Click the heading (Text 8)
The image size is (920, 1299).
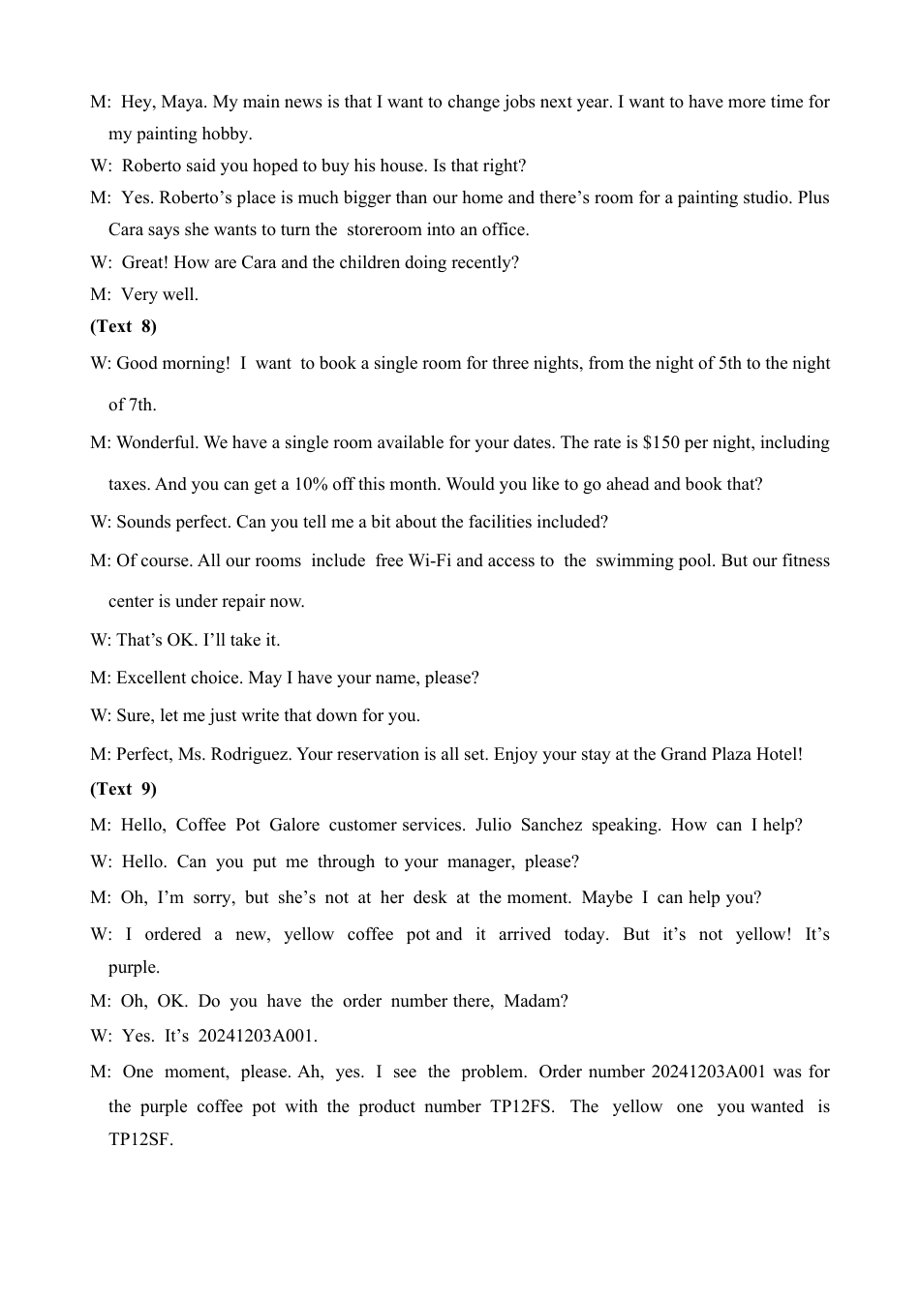point(123,326)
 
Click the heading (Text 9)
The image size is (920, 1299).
point(123,789)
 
